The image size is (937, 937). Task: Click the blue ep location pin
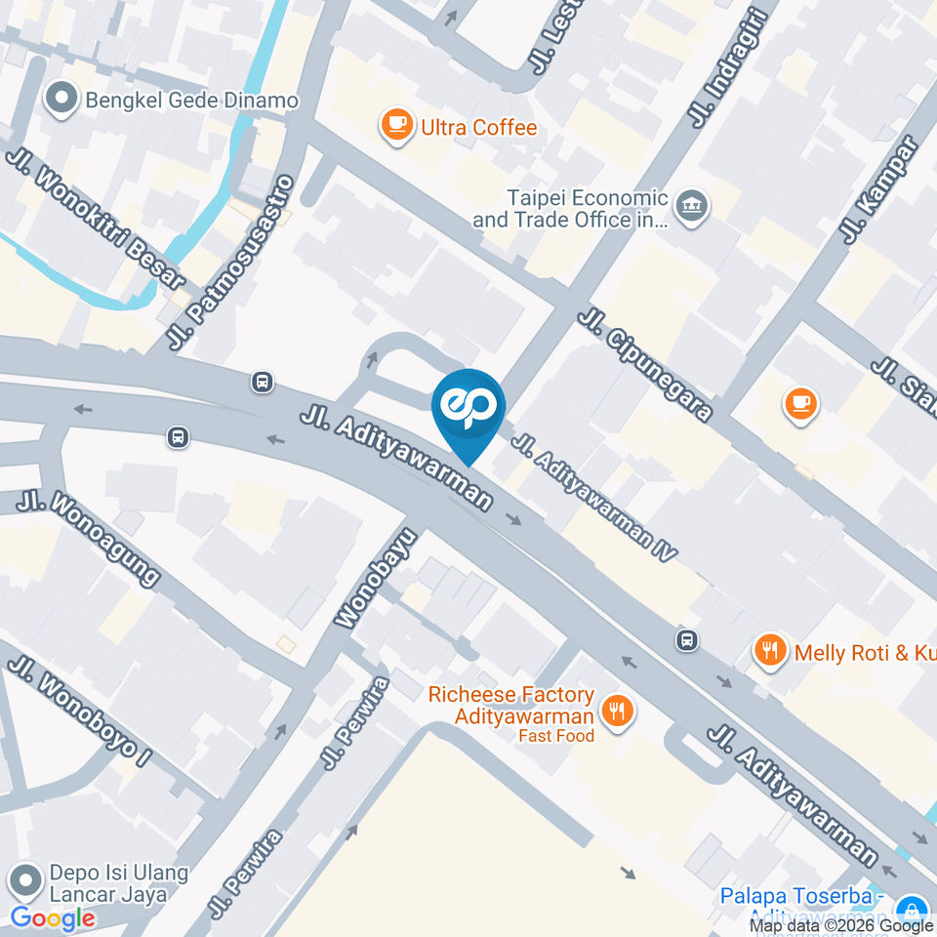pyautogui.click(x=469, y=409)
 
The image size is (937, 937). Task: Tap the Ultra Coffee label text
pyautogui.click(x=478, y=128)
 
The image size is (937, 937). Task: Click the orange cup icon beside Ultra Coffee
pyautogui.click(x=395, y=124)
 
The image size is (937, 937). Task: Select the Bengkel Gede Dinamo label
pyautogui.click(x=191, y=101)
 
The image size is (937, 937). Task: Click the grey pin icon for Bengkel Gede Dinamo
pyautogui.click(x=62, y=99)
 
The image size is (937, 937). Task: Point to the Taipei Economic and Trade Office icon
pyautogui.click(x=692, y=206)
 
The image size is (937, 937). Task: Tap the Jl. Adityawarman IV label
pyautogui.click(x=594, y=498)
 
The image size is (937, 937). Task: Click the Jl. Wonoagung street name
pyautogui.click(x=88, y=538)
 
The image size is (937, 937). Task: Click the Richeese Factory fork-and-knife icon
pyautogui.click(x=616, y=712)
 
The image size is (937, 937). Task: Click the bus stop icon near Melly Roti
pyautogui.click(x=687, y=640)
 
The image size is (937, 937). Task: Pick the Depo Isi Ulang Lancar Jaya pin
pyautogui.click(x=24, y=881)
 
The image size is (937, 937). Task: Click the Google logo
pyautogui.click(x=53, y=917)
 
